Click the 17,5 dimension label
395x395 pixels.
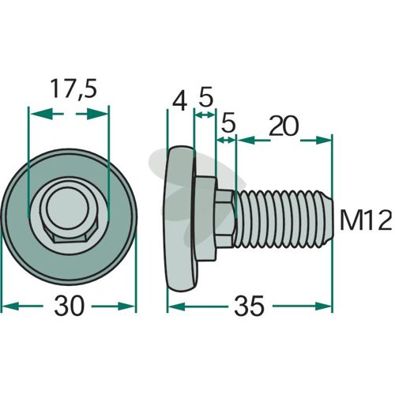(x=73, y=88)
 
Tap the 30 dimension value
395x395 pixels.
(x=69, y=306)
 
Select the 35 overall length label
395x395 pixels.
(x=249, y=306)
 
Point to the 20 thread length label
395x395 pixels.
(x=284, y=126)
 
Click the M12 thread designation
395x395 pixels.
(x=366, y=221)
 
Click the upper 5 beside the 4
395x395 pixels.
(x=205, y=98)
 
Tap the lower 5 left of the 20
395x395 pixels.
(x=228, y=122)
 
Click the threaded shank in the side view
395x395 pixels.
(x=283, y=219)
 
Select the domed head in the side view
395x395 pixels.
(x=179, y=219)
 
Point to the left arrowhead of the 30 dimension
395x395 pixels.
(x=10, y=306)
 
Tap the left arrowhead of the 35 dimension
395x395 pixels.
(x=176, y=306)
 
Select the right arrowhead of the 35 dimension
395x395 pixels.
(x=323, y=306)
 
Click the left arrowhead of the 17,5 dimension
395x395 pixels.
(x=40, y=115)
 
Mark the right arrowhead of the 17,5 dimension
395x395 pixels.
(x=97, y=115)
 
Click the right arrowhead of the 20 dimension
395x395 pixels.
(x=323, y=140)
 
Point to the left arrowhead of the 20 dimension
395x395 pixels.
(x=246, y=140)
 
